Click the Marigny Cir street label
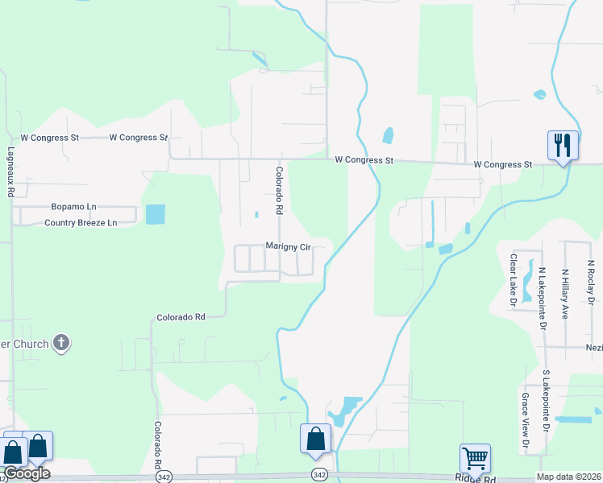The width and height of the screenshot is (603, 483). coord(288,247)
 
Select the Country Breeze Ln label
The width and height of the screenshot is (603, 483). coord(81,223)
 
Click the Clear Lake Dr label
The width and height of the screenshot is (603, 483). coord(512,281)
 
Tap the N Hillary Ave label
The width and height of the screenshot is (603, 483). coord(566,294)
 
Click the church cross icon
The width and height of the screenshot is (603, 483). coord(60,345)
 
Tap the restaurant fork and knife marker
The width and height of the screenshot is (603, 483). coord(562,145)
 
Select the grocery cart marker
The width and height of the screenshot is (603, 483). coord(475,459)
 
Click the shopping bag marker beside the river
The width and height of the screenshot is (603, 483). coord(315,440)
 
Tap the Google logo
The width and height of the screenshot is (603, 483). coord(26,473)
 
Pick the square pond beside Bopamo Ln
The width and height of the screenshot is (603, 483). coord(155,214)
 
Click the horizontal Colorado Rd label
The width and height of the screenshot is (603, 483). coord(181,317)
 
